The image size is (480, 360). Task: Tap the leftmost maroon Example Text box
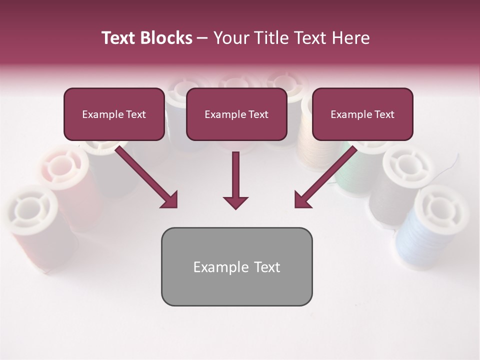click(114, 114)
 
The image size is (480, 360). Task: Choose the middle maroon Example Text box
click(236, 114)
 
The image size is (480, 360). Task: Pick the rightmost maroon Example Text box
click(362, 114)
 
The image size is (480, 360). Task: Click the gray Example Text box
click(236, 266)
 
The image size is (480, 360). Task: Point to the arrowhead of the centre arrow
click(235, 202)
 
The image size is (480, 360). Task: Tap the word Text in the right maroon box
click(384, 114)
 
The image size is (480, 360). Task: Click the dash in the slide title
click(202, 38)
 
